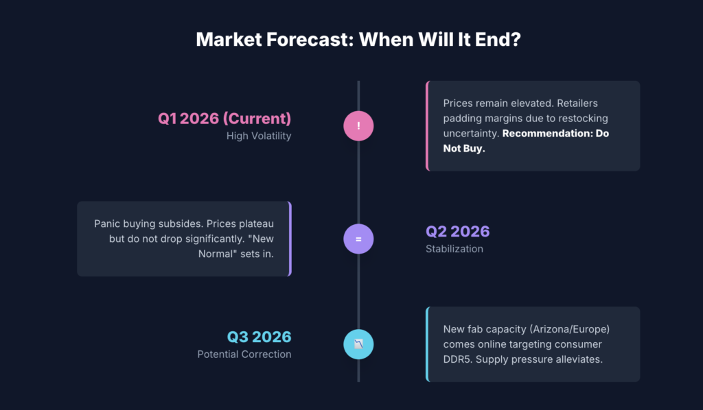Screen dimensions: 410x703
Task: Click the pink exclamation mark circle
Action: [x=358, y=126]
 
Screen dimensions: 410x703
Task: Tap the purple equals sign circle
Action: [x=358, y=239]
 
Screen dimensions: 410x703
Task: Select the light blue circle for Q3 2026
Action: [x=358, y=344]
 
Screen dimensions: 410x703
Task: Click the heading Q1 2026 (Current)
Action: [x=224, y=118]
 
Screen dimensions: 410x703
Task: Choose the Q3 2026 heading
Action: [x=259, y=337]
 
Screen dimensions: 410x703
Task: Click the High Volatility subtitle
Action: [x=259, y=136]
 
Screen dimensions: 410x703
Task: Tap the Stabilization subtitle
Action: [x=454, y=249]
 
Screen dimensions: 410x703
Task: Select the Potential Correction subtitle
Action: [x=244, y=354]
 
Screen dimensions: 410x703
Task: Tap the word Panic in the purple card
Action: [x=108, y=224]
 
